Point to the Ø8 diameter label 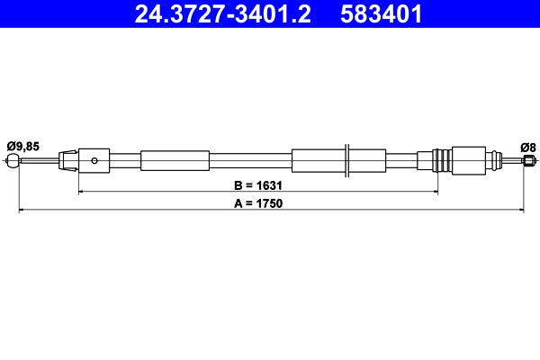tap(527, 146)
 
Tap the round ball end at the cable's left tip tap(13, 161)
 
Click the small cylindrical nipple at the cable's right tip tap(528, 161)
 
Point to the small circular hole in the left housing tap(94, 161)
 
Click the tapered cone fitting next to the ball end tap(67, 161)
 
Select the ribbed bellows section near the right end tap(442, 161)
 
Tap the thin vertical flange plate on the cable tap(346, 161)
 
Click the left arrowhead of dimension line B tap(83, 192)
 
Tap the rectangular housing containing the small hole tap(94, 161)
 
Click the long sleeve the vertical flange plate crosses tap(324, 161)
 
